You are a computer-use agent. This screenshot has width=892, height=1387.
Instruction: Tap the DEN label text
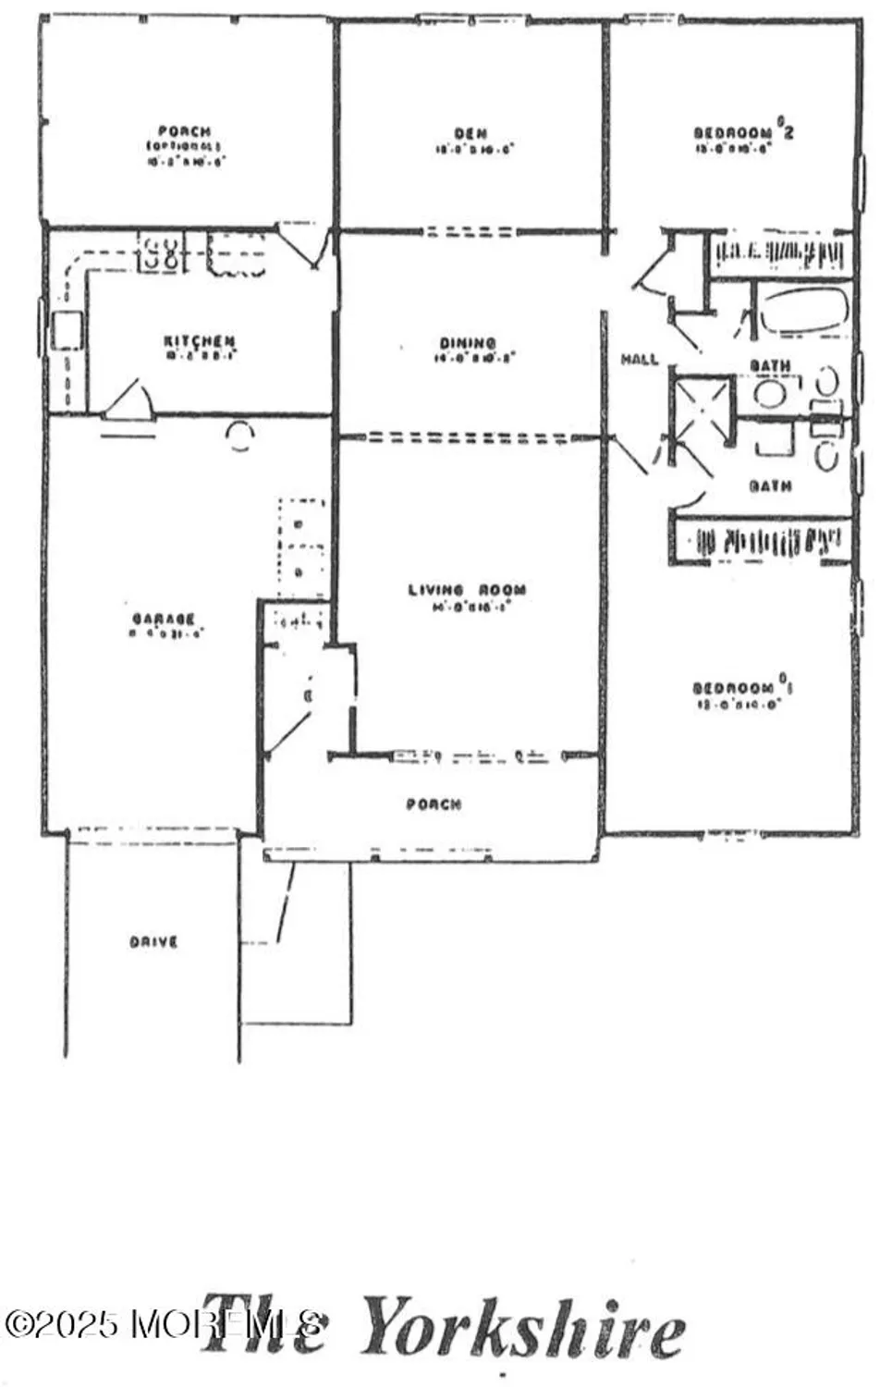tap(471, 134)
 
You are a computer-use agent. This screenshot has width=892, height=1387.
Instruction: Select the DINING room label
tap(468, 344)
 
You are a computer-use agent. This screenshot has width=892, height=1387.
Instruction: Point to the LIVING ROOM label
tap(468, 590)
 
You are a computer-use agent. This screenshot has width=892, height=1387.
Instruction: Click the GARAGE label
tap(163, 619)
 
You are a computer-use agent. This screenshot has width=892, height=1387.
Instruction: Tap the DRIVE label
tap(153, 942)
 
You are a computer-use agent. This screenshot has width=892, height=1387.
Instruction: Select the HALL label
tap(639, 359)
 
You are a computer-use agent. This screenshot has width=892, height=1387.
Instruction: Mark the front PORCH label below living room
tap(434, 804)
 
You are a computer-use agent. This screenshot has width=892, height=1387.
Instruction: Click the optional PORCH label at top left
tap(184, 132)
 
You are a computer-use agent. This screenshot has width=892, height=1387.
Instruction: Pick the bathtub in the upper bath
tap(802, 311)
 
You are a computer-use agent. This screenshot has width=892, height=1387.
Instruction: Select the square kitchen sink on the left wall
tap(67, 330)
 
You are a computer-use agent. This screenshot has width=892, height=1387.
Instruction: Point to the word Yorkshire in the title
tap(523, 1328)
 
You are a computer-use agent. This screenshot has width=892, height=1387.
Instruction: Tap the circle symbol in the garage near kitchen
tap(240, 435)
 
